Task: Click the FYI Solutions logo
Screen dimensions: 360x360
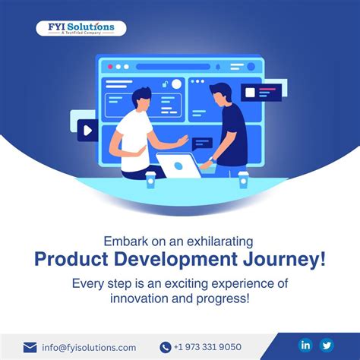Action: pos(81,29)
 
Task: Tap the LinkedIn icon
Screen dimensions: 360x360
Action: pos(306,345)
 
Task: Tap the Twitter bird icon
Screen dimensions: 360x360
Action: pos(327,345)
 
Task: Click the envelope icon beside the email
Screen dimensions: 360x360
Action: pos(30,347)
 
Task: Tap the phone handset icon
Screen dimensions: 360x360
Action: pos(166,347)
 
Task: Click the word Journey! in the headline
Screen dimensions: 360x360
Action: pos(289,259)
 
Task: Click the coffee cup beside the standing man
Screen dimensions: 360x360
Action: pos(243,178)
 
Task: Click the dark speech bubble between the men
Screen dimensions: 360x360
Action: pos(202,142)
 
